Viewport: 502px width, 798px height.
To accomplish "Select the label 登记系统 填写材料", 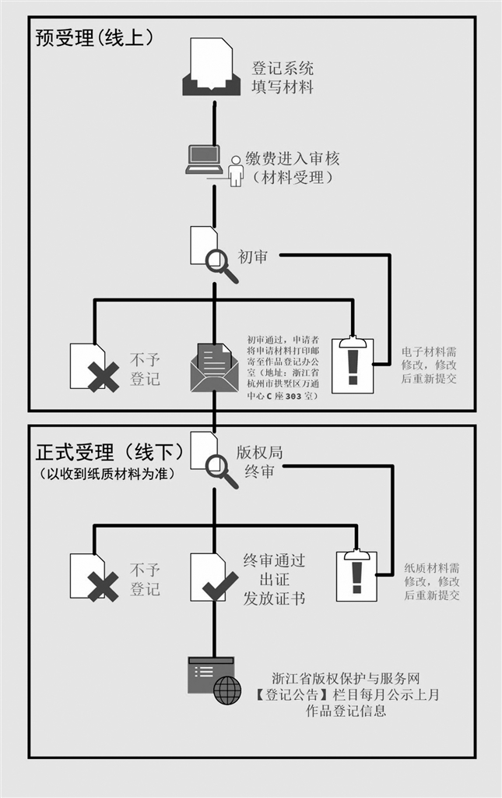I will click(x=282, y=78).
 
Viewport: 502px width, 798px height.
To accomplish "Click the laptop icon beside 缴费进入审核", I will click(x=202, y=159).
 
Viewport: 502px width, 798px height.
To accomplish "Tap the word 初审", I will click(x=252, y=256).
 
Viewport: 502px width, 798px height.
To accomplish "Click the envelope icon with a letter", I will click(x=213, y=368).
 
